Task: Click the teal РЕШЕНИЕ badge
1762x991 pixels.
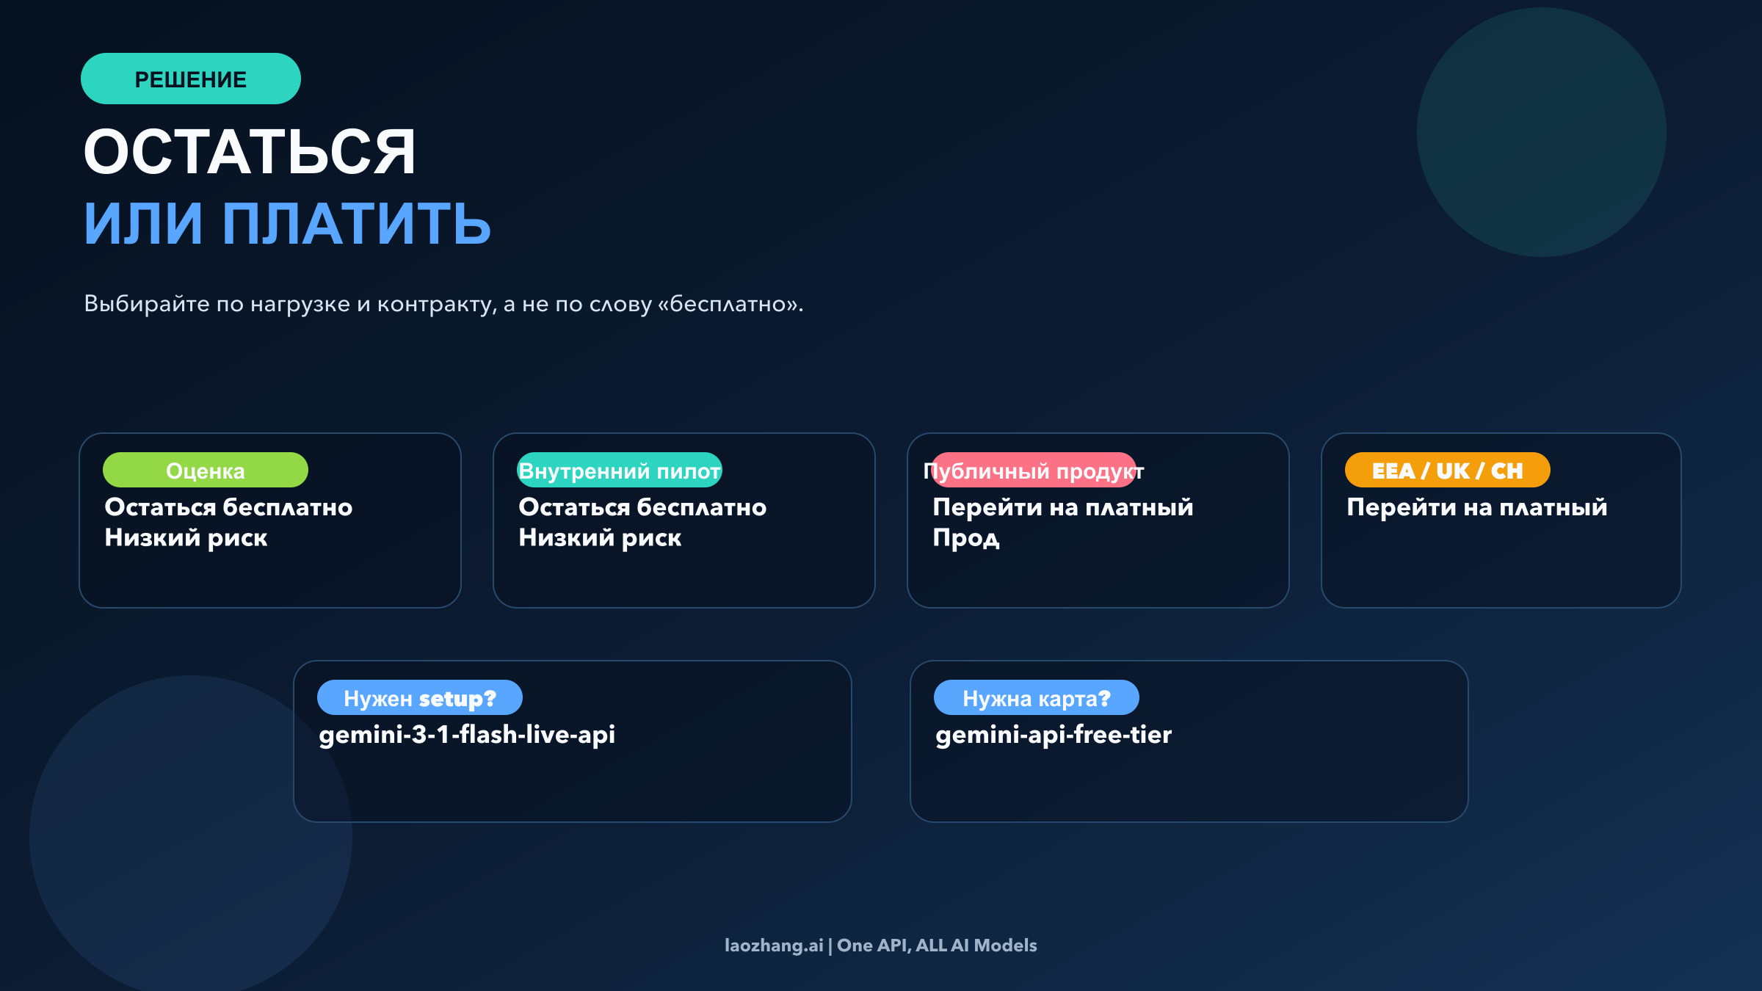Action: (x=190, y=79)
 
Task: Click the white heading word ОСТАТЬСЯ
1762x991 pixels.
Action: (x=250, y=152)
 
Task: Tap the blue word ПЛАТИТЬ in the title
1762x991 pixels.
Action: (x=356, y=223)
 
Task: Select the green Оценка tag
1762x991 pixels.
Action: (x=205, y=471)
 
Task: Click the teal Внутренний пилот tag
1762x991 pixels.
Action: (x=619, y=471)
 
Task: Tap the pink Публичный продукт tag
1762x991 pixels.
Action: (x=1033, y=471)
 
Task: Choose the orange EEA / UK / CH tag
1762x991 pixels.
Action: (x=1447, y=471)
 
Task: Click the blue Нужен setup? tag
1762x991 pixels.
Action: (x=419, y=698)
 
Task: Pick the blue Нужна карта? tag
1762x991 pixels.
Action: (x=1036, y=698)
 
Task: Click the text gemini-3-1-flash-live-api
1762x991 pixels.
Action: (x=467, y=735)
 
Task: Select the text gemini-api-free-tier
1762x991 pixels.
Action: (x=1054, y=735)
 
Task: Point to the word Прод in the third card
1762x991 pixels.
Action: (x=966, y=538)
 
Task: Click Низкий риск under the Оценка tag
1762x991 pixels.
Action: (x=186, y=538)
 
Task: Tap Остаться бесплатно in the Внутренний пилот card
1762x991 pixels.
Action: (x=642, y=507)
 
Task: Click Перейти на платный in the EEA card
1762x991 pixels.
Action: (x=1477, y=507)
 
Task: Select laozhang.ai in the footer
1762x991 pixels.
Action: (x=774, y=945)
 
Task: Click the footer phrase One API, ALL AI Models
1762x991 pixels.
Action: (x=937, y=945)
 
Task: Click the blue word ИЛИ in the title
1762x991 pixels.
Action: (x=143, y=223)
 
